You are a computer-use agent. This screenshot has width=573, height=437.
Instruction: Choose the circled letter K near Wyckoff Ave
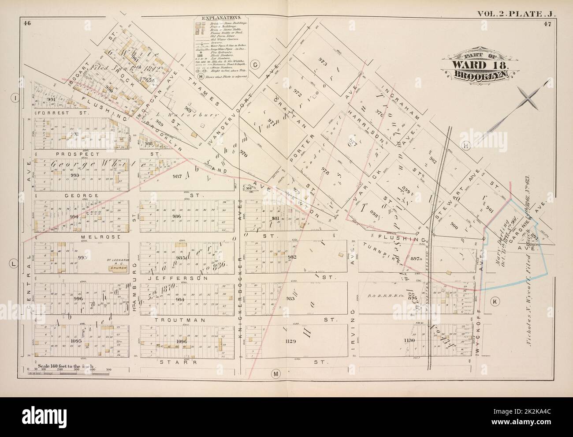pos(494,301)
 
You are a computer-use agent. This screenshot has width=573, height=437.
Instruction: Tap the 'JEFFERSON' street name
pos(177,279)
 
